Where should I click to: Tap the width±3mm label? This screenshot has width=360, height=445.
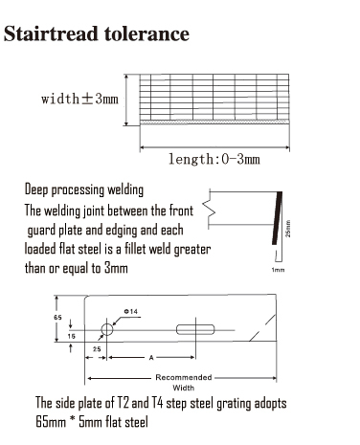[80, 100]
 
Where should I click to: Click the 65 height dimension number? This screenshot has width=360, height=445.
[57, 316]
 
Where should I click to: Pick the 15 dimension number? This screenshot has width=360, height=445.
[57, 337]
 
